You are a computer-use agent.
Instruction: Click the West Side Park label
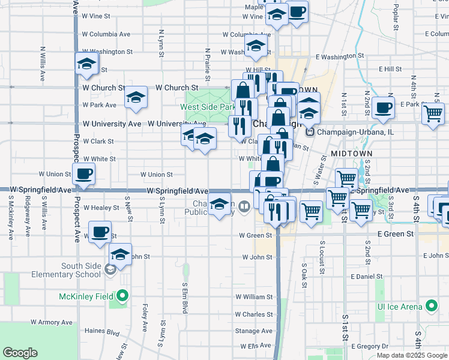click(208, 107)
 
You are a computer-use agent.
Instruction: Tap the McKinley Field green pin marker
click(122, 296)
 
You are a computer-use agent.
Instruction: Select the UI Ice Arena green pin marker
click(431, 307)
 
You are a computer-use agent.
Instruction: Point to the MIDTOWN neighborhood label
click(352, 154)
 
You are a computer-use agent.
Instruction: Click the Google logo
click(20, 353)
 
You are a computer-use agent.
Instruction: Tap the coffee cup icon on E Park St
click(383, 108)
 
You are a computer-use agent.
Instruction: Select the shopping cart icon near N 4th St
click(433, 113)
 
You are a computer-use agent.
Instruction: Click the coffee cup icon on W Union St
click(83, 175)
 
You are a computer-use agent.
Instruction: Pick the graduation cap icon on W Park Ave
click(136, 98)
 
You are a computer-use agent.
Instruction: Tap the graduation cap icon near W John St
click(121, 254)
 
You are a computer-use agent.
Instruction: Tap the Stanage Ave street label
click(254, 331)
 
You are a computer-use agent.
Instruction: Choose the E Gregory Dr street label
click(370, 346)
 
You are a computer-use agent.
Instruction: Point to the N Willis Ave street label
click(43, 64)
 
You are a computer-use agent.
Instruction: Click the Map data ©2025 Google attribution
click(411, 355)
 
